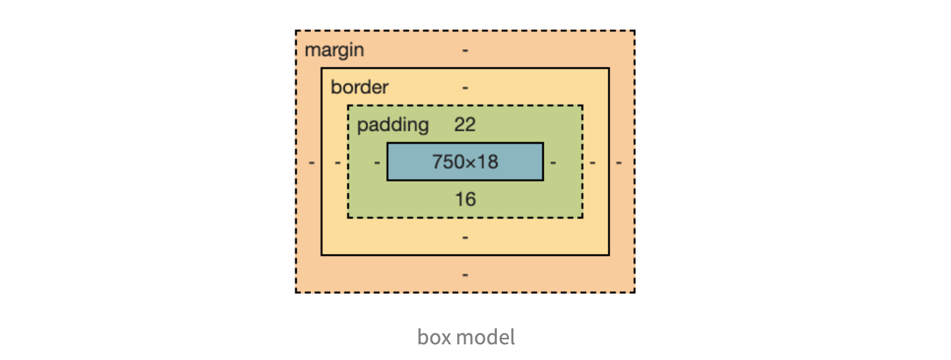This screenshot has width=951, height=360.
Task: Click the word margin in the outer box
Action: click(x=334, y=51)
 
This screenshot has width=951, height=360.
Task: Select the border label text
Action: click(x=359, y=88)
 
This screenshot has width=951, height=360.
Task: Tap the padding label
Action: click(x=393, y=125)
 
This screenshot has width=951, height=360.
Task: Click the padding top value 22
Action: click(x=465, y=125)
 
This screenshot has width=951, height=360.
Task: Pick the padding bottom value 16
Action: click(x=465, y=199)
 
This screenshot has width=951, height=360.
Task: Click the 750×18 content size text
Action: click(x=465, y=162)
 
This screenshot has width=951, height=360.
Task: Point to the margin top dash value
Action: click(x=465, y=51)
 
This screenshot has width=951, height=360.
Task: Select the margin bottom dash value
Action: click(x=465, y=274)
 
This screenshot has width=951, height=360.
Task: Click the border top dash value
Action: click(x=465, y=88)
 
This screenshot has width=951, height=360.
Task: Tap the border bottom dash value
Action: click(x=465, y=236)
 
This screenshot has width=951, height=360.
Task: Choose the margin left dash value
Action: click(x=312, y=162)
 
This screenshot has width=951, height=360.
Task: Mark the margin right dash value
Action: click(x=619, y=162)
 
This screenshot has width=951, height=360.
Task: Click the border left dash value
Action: click(x=337, y=162)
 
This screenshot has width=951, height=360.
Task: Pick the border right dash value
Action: click(x=592, y=162)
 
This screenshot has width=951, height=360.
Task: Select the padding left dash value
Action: click(x=377, y=162)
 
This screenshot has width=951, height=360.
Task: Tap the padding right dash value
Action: click(x=553, y=162)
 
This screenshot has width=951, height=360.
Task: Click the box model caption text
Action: click(x=466, y=337)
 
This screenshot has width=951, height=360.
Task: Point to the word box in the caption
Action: click(x=432, y=337)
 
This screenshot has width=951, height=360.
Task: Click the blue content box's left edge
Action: click(x=387, y=162)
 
